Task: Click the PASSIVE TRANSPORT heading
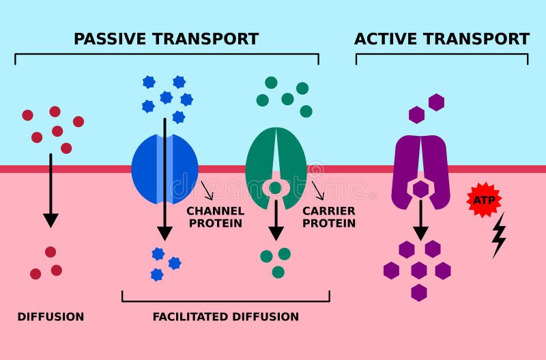pos(166,39)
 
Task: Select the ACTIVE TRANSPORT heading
pos(442,39)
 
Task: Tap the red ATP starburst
pos(484,199)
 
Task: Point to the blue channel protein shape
pos(147,169)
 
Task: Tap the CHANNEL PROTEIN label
pos(214,217)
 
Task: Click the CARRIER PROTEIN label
pos(328,217)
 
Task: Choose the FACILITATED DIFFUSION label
pos(225,317)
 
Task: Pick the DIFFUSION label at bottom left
pos(51,317)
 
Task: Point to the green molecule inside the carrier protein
pos(275,188)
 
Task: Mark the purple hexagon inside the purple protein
pos(420,189)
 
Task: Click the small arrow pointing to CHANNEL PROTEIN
pos(207,191)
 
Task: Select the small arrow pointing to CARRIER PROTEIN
pos(318,191)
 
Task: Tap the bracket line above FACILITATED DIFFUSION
pos(225,301)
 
